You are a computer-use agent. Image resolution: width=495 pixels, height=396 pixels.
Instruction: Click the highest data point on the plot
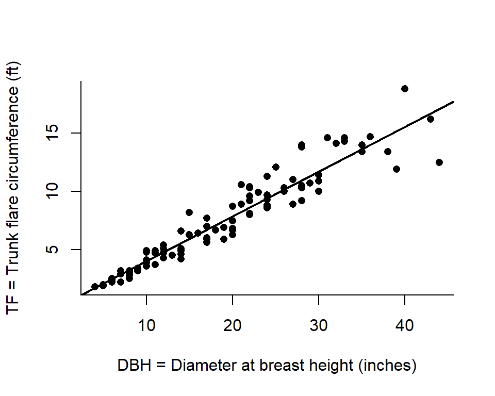405,89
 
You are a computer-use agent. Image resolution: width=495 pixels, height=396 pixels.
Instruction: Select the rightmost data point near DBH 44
439,162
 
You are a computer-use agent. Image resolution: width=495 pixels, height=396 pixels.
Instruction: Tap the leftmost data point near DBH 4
95,287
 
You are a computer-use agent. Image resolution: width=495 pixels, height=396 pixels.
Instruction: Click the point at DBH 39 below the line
396,169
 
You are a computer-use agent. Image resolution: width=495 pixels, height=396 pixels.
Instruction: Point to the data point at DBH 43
431,119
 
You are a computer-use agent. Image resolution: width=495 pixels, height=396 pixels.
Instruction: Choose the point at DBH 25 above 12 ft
276,167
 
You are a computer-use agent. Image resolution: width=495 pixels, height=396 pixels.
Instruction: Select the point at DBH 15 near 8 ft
189,212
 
